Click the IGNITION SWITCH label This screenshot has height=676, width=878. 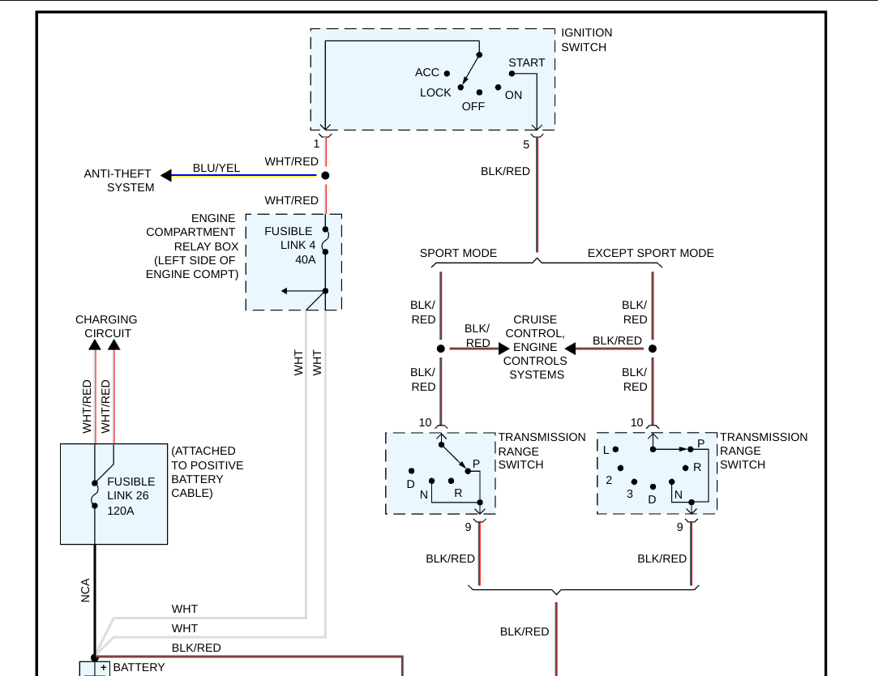586,40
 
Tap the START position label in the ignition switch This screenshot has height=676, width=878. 527,62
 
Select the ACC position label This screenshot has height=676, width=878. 426,72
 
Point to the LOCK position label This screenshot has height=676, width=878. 435,92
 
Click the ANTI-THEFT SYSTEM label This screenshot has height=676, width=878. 119,181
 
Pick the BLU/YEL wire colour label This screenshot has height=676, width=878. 216,168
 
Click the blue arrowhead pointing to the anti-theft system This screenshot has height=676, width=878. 166,175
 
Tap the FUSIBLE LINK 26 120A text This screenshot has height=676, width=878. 131,495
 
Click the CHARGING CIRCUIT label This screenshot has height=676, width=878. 106,327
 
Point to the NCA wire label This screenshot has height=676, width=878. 85,590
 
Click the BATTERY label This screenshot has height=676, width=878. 139,667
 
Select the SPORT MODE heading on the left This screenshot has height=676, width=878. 458,253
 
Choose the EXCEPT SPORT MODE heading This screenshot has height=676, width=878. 650,253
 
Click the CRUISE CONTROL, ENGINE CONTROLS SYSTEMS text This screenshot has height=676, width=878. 535,347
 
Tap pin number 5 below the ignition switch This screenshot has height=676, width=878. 526,145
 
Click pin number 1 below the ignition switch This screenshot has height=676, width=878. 316,144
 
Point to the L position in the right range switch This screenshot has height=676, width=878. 605,449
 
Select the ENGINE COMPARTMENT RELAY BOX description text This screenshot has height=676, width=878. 192,246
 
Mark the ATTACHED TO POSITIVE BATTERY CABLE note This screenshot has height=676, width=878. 207,472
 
